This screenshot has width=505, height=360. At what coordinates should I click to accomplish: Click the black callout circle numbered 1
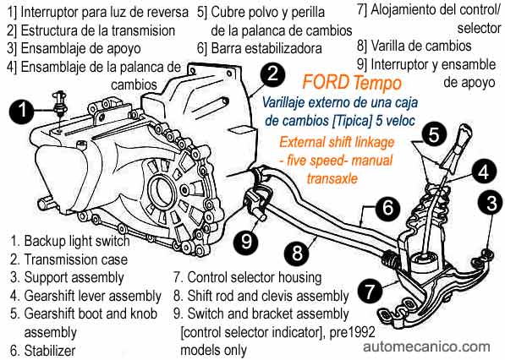coord(23,112)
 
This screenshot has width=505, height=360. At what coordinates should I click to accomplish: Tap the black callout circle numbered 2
coord(272,74)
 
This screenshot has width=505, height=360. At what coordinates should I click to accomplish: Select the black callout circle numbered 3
coord(491,204)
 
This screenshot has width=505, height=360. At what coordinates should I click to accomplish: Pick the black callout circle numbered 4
coord(484,172)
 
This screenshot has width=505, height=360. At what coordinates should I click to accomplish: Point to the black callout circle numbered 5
coord(434,134)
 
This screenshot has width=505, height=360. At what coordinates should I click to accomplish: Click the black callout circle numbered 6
coord(387,207)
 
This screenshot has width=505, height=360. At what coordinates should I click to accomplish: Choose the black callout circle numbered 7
coord(370,290)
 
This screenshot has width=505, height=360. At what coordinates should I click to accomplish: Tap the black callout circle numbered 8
coord(297,253)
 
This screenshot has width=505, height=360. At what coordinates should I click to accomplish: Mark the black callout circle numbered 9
coord(247,241)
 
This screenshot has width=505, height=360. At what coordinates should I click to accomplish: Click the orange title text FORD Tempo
coord(352,83)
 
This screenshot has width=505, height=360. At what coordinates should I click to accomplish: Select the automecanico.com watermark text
coord(426,346)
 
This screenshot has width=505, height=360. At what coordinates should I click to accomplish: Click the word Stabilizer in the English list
coord(50,351)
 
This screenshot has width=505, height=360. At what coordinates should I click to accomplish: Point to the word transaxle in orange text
coord(332,178)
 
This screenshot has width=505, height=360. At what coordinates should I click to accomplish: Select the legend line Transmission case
coord(69,259)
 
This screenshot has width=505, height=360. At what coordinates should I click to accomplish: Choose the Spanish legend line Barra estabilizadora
coord(260,48)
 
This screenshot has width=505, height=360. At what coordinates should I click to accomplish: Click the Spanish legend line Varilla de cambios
coord(414,46)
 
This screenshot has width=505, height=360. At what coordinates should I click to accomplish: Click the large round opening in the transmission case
coord(161,193)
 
